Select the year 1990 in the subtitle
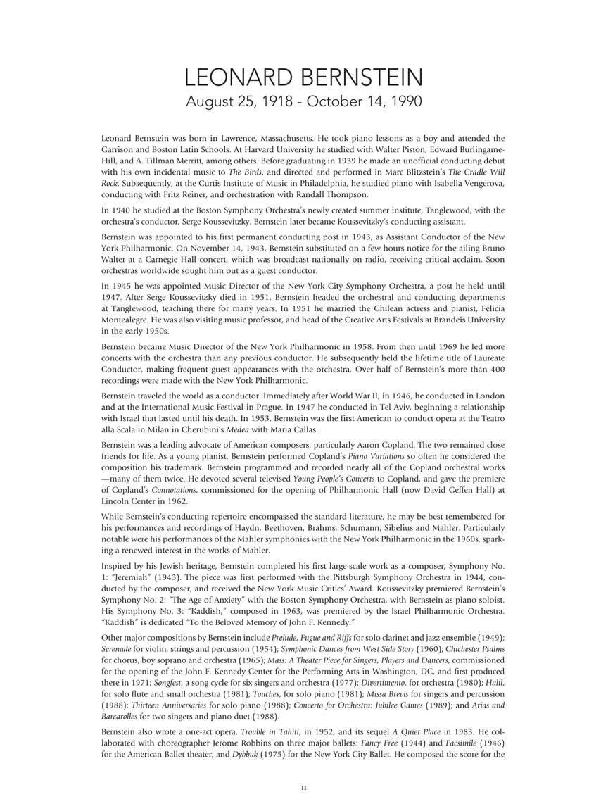[404, 101]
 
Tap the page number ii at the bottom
[304, 787]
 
